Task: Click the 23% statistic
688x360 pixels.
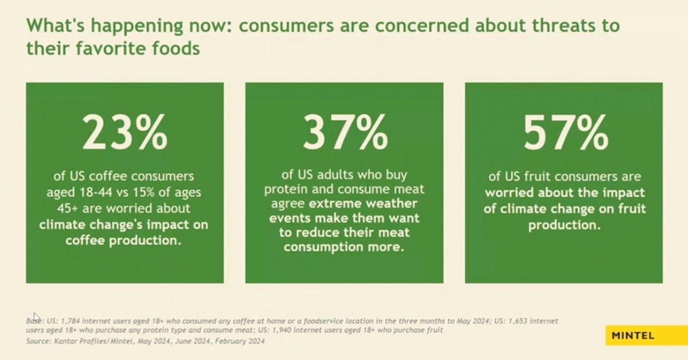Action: (x=125, y=132)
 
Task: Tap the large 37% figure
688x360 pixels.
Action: (x=345, y=132)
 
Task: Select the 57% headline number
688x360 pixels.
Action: (x=564, y=132)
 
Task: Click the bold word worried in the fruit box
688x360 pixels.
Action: (x=512, y=193)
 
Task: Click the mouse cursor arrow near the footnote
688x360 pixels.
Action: (x=36, y=317)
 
